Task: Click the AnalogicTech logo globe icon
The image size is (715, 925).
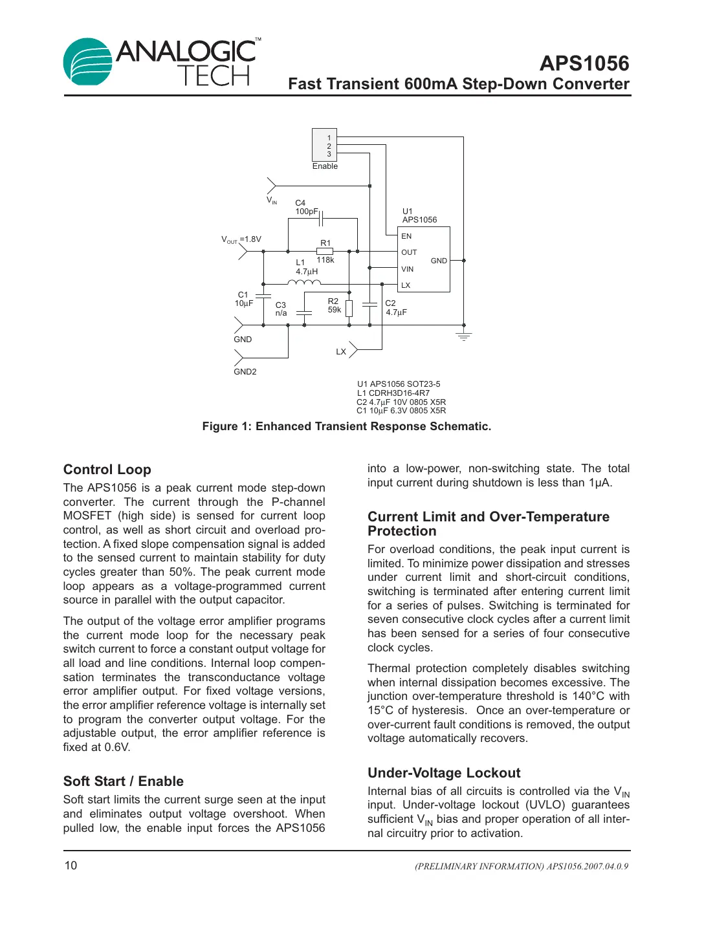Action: point(87,61)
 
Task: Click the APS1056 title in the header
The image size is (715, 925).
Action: point(584,63)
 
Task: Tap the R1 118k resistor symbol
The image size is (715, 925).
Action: point(325,251)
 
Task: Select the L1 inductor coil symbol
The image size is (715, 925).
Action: point(304,282)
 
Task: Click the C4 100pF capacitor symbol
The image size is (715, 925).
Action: point(320,219)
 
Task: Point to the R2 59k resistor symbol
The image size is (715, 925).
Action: point(349,309)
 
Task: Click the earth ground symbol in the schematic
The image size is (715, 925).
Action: point(463,336)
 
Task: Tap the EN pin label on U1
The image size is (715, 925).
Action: point(406,236)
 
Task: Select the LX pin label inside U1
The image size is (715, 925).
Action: point(406,285)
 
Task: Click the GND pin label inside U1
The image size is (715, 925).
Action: point(439,261)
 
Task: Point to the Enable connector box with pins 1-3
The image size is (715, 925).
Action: point(324,145)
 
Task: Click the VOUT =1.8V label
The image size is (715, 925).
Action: point(241,239)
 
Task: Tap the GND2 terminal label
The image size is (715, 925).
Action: point(245,372)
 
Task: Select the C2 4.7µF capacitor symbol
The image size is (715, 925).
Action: point(369,303)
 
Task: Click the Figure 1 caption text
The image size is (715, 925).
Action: point(346,426)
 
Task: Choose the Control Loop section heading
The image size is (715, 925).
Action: point(107,470)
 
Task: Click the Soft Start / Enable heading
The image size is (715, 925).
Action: point(124,781)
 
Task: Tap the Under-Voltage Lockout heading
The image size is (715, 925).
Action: point(444,773)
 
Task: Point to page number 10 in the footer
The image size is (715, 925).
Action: point(71,865)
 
